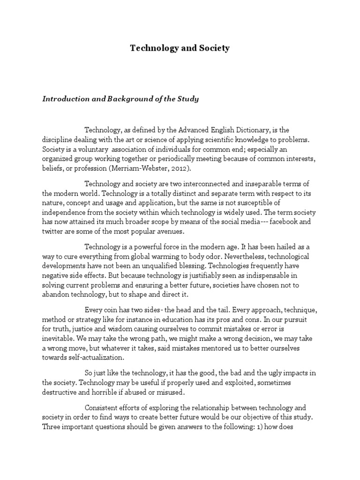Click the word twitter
pos(54,232)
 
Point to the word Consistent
pos(101,408)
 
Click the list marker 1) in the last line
pos(262,427)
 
